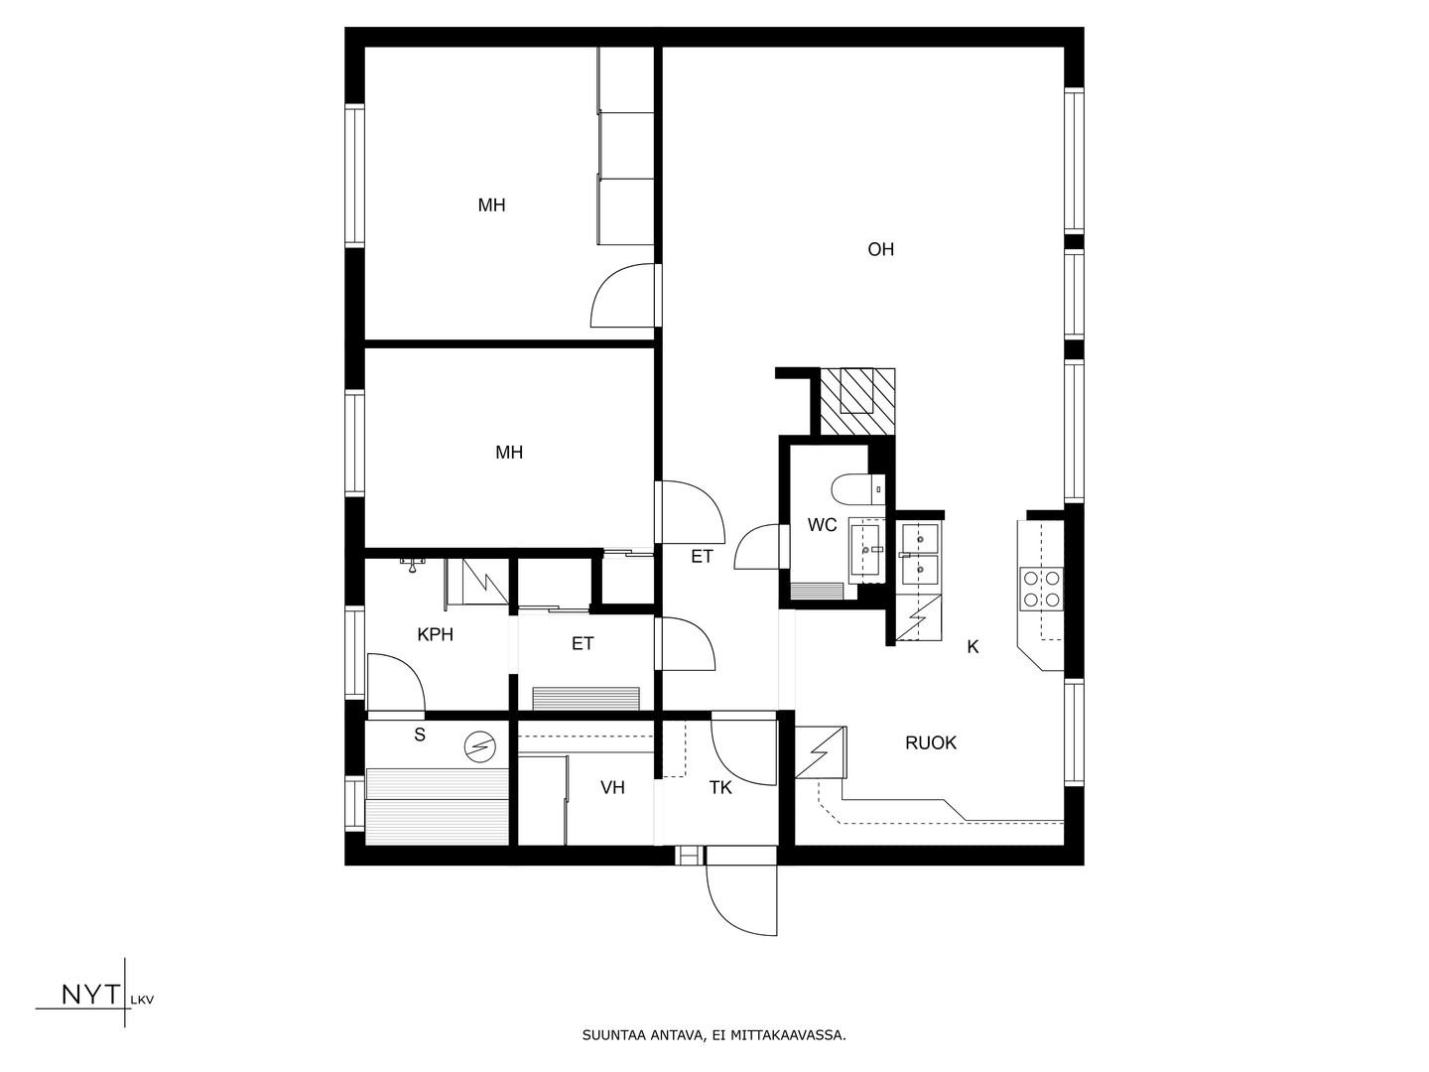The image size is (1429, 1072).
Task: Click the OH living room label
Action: tap(880, 249)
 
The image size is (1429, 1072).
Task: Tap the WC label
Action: tap(822, 525)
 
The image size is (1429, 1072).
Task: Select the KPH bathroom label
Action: tap(435, 634)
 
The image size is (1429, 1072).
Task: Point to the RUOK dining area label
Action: tap(930, 742)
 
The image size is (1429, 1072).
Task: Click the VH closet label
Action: tap(612, 787)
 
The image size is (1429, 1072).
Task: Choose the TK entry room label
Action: tap(720, 787)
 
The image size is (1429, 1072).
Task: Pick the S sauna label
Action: tap(420, 735)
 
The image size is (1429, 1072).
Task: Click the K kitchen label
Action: tap(973, 646)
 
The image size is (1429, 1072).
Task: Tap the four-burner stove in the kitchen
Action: tap(1042, 589)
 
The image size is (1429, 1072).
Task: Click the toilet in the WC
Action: tap(858, 490)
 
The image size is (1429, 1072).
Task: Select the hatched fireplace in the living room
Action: tap(856, 402)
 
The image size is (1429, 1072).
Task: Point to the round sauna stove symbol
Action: tap(479, 746)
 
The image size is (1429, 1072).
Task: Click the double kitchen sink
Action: tap(920, 554)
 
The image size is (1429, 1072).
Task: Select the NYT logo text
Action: tap(91, 995)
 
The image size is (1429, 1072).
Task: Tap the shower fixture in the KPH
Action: tap(412, 565)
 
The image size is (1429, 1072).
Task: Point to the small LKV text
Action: tap(142, 1001)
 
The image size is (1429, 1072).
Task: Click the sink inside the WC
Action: tap(867, 551)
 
